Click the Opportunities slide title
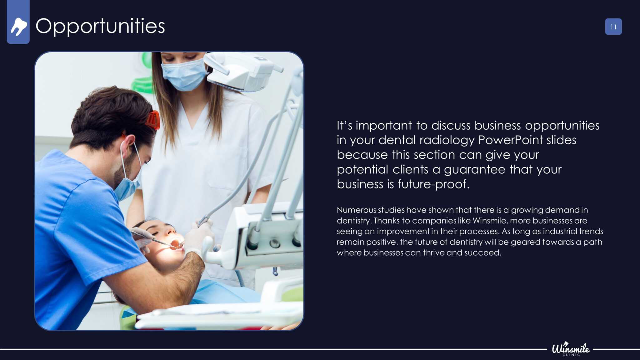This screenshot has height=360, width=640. coord(100,26)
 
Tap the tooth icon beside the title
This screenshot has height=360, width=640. coord(19,27)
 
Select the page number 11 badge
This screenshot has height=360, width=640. coord(613,27)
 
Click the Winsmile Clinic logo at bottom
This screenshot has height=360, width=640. coord(571,349)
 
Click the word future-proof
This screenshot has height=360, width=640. coord(433,184)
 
